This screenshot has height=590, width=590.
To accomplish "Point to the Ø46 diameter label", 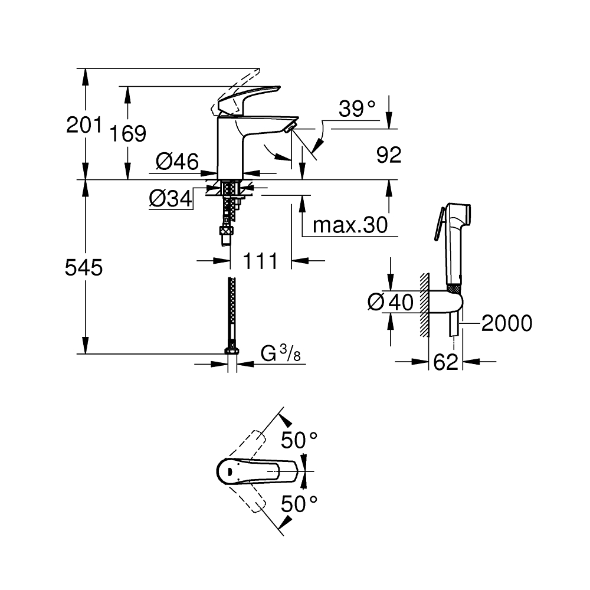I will [177, 162].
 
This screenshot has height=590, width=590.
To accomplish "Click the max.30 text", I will [350, 225].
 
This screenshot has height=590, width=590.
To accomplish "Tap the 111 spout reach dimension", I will [260, 260].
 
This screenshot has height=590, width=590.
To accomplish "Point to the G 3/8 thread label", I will [280, 354].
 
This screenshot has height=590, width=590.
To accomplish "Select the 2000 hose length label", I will [506, 323].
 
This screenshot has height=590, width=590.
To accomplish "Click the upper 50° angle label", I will [299, 440].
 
